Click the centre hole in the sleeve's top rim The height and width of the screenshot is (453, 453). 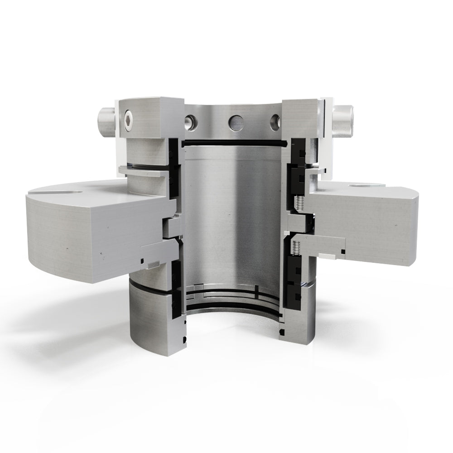[235, 121]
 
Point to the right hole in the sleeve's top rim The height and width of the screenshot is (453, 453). [275, 120]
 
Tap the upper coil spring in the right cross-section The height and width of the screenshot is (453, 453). [299, 203]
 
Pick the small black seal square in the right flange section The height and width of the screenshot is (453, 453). [343, 251]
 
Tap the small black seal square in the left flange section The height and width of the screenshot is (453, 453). [143, 261]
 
